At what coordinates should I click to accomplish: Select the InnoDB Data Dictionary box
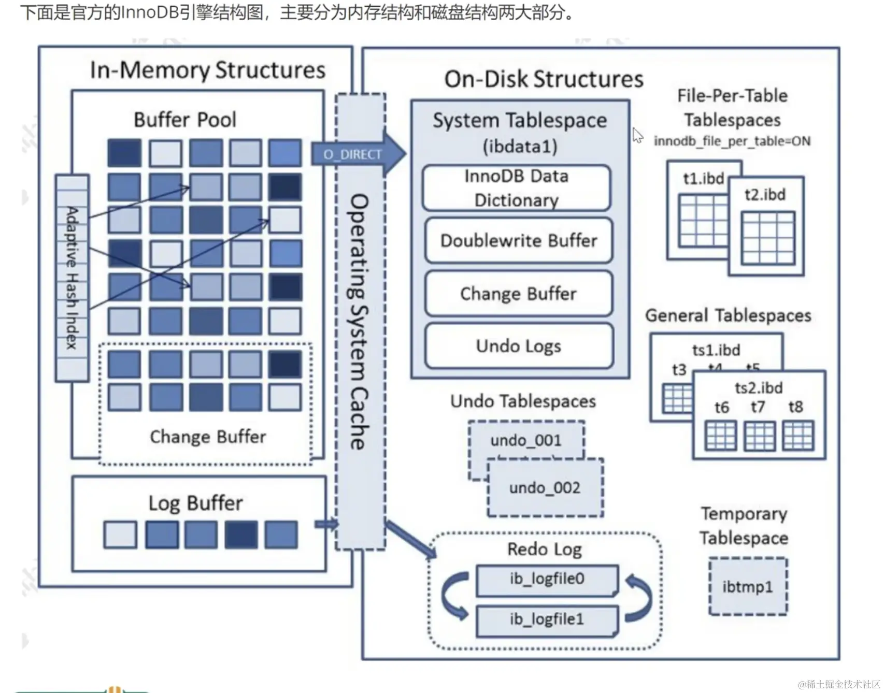[517, 188]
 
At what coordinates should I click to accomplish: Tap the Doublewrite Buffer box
[519, 241]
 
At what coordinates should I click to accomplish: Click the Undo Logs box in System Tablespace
[519, 346]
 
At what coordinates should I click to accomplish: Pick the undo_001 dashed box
[526, 440]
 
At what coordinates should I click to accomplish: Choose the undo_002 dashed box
[545, 488]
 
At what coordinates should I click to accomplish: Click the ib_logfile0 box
[547, 579]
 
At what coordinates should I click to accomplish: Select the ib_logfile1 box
[547, 619]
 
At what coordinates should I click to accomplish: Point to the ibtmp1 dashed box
[748, 587]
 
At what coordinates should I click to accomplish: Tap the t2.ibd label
[765, 195]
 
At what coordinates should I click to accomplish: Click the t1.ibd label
[703, 179]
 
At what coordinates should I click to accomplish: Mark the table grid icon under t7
[760, 436]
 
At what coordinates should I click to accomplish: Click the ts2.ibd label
[759, 388]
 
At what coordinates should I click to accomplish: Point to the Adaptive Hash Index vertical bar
[72, 278]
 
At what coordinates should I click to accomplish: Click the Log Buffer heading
[195, 503]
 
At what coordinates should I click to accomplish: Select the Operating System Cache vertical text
[360, 321]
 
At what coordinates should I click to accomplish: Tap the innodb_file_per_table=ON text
[732, 141]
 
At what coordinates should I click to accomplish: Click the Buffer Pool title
[185, 120]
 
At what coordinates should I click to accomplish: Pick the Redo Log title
[545, 549]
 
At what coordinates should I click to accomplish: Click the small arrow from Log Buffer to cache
[326, 524]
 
